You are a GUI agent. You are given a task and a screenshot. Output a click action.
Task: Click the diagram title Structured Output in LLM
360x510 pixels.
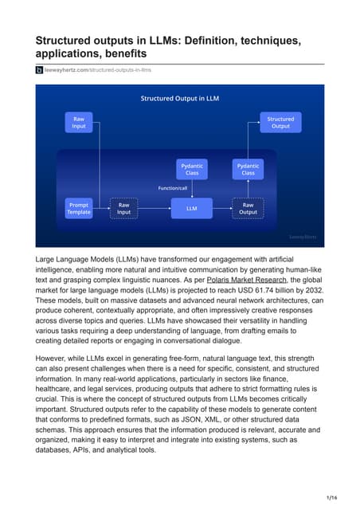coord(179,99)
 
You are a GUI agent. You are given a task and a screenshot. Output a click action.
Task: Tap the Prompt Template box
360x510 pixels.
coord(79,208)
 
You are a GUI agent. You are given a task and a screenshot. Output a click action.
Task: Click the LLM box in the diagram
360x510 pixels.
coord(192,208)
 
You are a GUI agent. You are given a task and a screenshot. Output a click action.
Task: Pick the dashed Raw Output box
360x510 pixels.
coord(248,208)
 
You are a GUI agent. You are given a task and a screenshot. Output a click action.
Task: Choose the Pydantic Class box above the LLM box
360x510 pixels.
coord(192,169)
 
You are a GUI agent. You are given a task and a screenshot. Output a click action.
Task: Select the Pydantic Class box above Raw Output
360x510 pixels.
coord(248,169)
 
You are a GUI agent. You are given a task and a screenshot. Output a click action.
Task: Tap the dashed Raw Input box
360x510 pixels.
coord(124,208)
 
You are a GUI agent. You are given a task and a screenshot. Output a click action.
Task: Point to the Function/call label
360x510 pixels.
coord(173,188)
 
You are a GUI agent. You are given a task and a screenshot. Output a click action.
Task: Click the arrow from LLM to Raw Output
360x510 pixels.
coord(221,208)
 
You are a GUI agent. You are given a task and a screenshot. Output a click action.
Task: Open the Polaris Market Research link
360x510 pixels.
coord(244,281)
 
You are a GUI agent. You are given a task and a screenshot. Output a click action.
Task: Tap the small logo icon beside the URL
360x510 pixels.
coord(39,70)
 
